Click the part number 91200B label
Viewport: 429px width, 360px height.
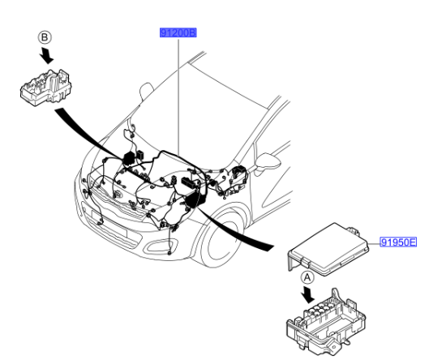(x=178, y=33)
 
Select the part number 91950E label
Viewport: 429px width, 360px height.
(x=398, y=242)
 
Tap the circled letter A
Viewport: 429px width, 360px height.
(x=307, y=276)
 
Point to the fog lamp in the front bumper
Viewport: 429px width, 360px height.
(x=101, y=221)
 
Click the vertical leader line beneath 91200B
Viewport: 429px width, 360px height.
(x=178, y=97)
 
